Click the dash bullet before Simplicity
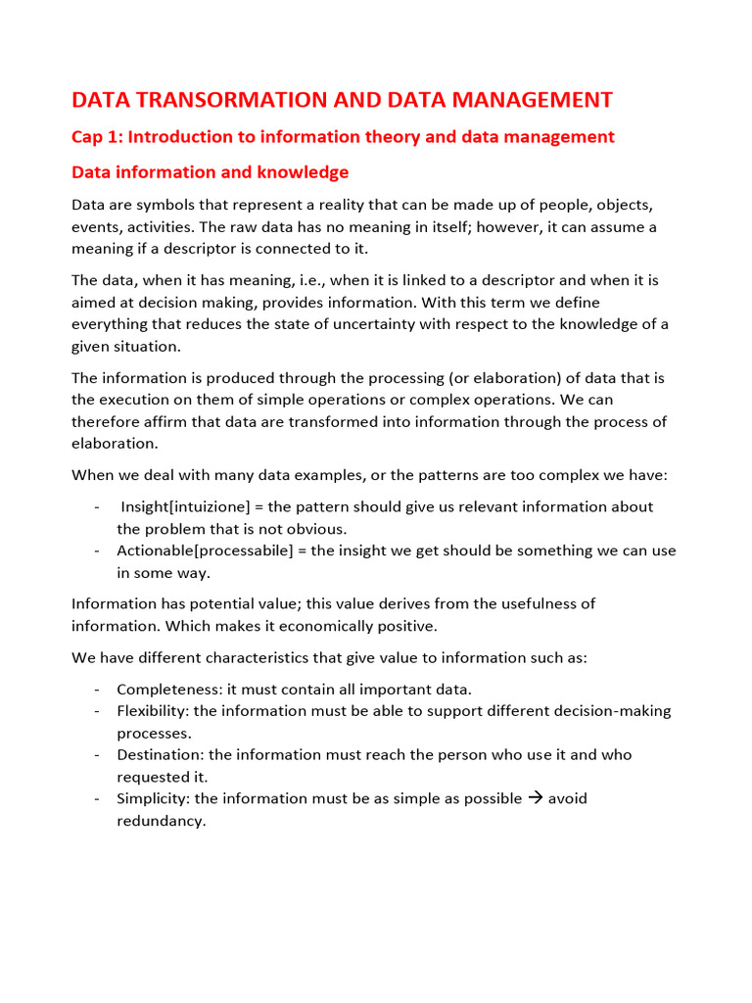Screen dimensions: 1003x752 pos(98,798)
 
